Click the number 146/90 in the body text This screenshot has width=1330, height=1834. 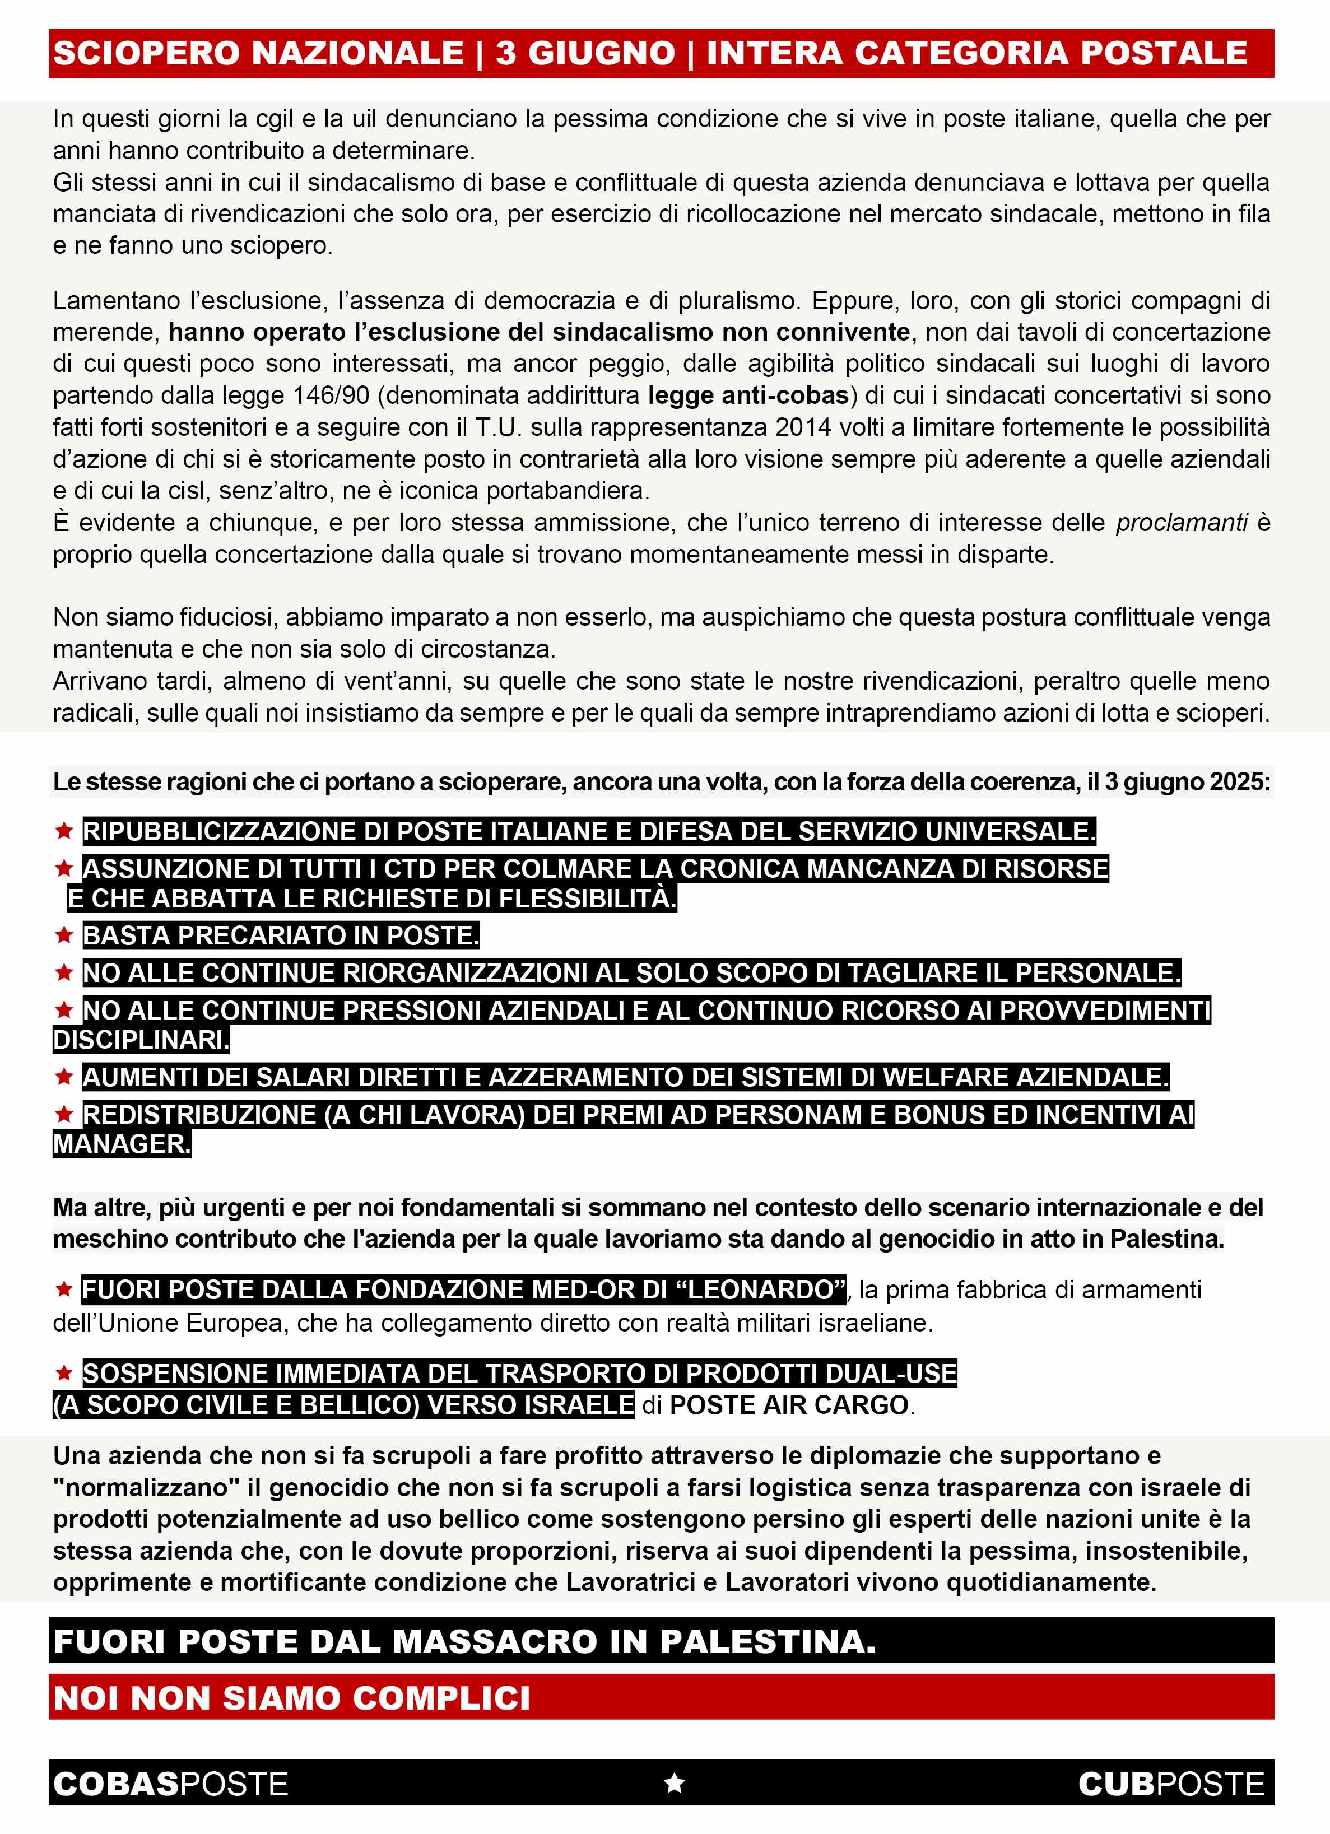tap(330, 395)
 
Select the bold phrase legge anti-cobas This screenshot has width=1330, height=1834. tap(748, 395)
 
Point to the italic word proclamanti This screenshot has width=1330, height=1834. tap(1181, 523)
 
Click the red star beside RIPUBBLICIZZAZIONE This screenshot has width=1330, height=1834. tap(64, 831)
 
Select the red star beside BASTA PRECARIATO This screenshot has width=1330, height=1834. tap(64, 935)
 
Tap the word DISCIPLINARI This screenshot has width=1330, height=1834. tap(141, 1040)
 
